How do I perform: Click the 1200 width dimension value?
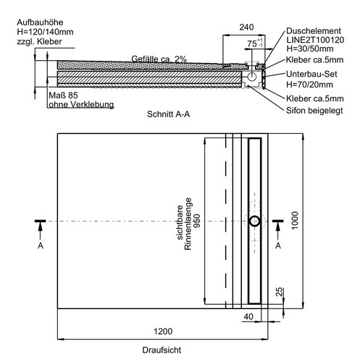(163, 331)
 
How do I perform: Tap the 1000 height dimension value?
(295, 220)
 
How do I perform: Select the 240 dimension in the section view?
(246, 28)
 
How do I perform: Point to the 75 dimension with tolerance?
(255, 43)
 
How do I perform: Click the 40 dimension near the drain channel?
(248, 316)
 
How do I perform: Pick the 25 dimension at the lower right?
(279, 292)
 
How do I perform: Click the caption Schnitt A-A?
(168, 114)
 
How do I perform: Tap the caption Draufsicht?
(162, 350)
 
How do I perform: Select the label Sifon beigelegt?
(314, 110)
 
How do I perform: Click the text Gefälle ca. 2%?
(159, 59)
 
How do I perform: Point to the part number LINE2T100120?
(315, 40)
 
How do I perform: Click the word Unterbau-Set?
(311, 74)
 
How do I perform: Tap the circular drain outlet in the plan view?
(255, 221)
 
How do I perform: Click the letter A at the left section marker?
(41, 245)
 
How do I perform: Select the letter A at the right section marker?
(278, 245)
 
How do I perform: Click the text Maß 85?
(63, 96)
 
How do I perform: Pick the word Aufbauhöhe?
(40, 22)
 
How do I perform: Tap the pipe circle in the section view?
(252, 77)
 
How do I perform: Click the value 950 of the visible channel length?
(197, 221)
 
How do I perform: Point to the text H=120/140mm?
(45, 32)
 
